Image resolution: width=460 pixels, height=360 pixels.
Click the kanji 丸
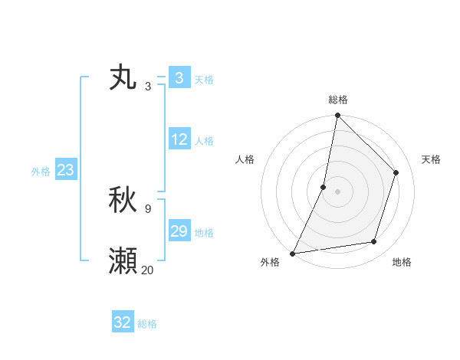[x=123, y=79]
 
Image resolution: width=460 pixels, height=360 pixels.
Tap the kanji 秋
[x=123, y=201]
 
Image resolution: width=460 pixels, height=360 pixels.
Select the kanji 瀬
[x=123, y=260]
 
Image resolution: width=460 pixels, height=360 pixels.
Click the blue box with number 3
[x=179, y=78]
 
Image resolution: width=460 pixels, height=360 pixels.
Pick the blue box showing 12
[x=179, y=139]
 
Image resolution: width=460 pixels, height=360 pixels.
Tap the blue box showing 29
[x=179, y=231]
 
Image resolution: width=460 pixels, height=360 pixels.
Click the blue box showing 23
[x=65, y=170]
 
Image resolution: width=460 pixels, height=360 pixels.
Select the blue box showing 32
[x=123, y=322]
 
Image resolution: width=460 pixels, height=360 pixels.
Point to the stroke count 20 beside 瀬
[x=147, y=269]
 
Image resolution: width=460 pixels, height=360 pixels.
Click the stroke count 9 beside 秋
[x=147, y=208]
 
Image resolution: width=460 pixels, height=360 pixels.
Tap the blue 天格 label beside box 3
[x=204, y=80]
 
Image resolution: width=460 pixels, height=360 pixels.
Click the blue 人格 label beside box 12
[x=204, y=141]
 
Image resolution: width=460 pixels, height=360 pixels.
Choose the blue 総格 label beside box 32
[x=147, y=324]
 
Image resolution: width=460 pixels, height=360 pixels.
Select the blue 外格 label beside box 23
[x=41, y=172]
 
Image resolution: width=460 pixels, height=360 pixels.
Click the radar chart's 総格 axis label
[x=337, y=100]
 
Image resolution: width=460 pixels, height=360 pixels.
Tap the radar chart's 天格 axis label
[x=432, y=159]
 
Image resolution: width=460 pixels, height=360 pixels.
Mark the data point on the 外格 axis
[x=292, y=253]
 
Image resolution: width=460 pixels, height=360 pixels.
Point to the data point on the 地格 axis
[x=374, y=242]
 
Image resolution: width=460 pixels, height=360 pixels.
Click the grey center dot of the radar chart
[x=337, y=191]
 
